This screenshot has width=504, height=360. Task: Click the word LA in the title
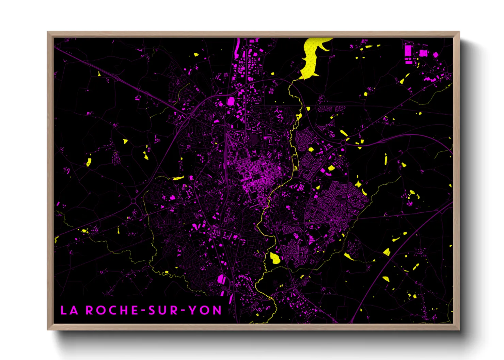[x=69, y=310]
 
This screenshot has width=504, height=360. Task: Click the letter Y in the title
[x=193, y=310]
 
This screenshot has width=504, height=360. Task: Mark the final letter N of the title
[x=217, y=310]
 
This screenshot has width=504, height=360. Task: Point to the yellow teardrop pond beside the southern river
[x=275, y=258]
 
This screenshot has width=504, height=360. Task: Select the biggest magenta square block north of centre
[x=231, y=101]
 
